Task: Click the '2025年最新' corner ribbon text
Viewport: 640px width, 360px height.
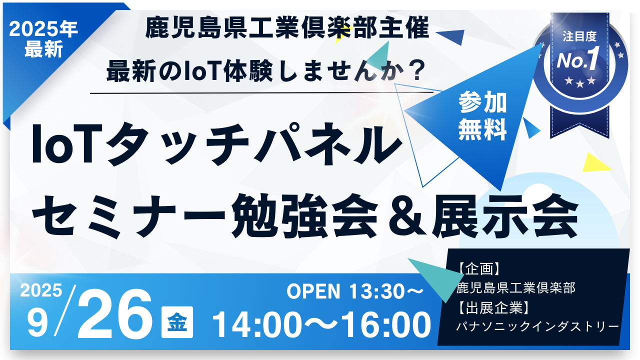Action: point(43,39)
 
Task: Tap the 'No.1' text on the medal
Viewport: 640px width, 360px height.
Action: point(577,59)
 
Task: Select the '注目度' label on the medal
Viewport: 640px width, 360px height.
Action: point(579,36)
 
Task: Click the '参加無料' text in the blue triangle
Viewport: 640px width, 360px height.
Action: point(482,115)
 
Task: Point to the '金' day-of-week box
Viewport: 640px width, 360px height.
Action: point(177,322)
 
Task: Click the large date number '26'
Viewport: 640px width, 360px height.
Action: point(114,313)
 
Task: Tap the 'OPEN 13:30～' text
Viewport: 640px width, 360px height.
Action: point(355,291)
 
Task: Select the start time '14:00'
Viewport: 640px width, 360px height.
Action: point(257,324)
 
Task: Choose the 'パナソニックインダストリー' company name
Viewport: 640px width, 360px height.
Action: point(537,326)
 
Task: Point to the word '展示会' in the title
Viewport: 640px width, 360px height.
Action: point(505,216)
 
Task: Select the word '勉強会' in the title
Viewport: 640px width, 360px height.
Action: point(304,216)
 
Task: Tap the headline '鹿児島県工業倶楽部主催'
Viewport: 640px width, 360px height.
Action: point(287,27)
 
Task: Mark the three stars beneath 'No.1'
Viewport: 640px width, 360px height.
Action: point(580,81)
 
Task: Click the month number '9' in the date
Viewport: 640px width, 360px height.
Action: point(37,323)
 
